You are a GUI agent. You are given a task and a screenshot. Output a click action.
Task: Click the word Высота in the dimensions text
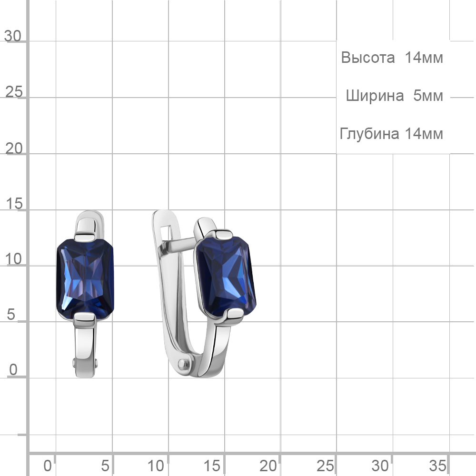click(367, 58)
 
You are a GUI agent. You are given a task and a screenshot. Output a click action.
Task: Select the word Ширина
click(375, 96)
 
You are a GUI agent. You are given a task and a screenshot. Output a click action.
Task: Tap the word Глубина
click(369, 134)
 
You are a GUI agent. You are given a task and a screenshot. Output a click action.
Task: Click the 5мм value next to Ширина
click(428, 96)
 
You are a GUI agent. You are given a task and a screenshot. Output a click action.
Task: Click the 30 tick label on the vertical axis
click(13, 36)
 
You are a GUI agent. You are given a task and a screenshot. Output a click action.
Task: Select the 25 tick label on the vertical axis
click(14, 92)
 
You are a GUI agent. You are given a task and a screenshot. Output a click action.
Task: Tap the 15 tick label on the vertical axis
click(14, 204)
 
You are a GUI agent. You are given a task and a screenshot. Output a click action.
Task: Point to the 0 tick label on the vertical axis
click(13, 370)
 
